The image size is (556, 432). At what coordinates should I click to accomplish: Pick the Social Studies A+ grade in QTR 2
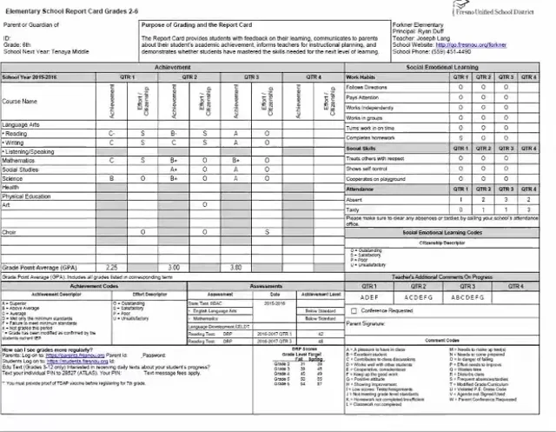[x=174, y=169]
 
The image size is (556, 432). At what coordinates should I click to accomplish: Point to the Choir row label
[x=10, y=232]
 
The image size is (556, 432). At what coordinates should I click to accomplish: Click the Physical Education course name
[x=27, y=196]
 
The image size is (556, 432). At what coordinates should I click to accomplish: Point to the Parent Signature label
[x=367, y=324]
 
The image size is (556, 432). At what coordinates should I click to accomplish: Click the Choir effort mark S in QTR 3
[x=267, y=232]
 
